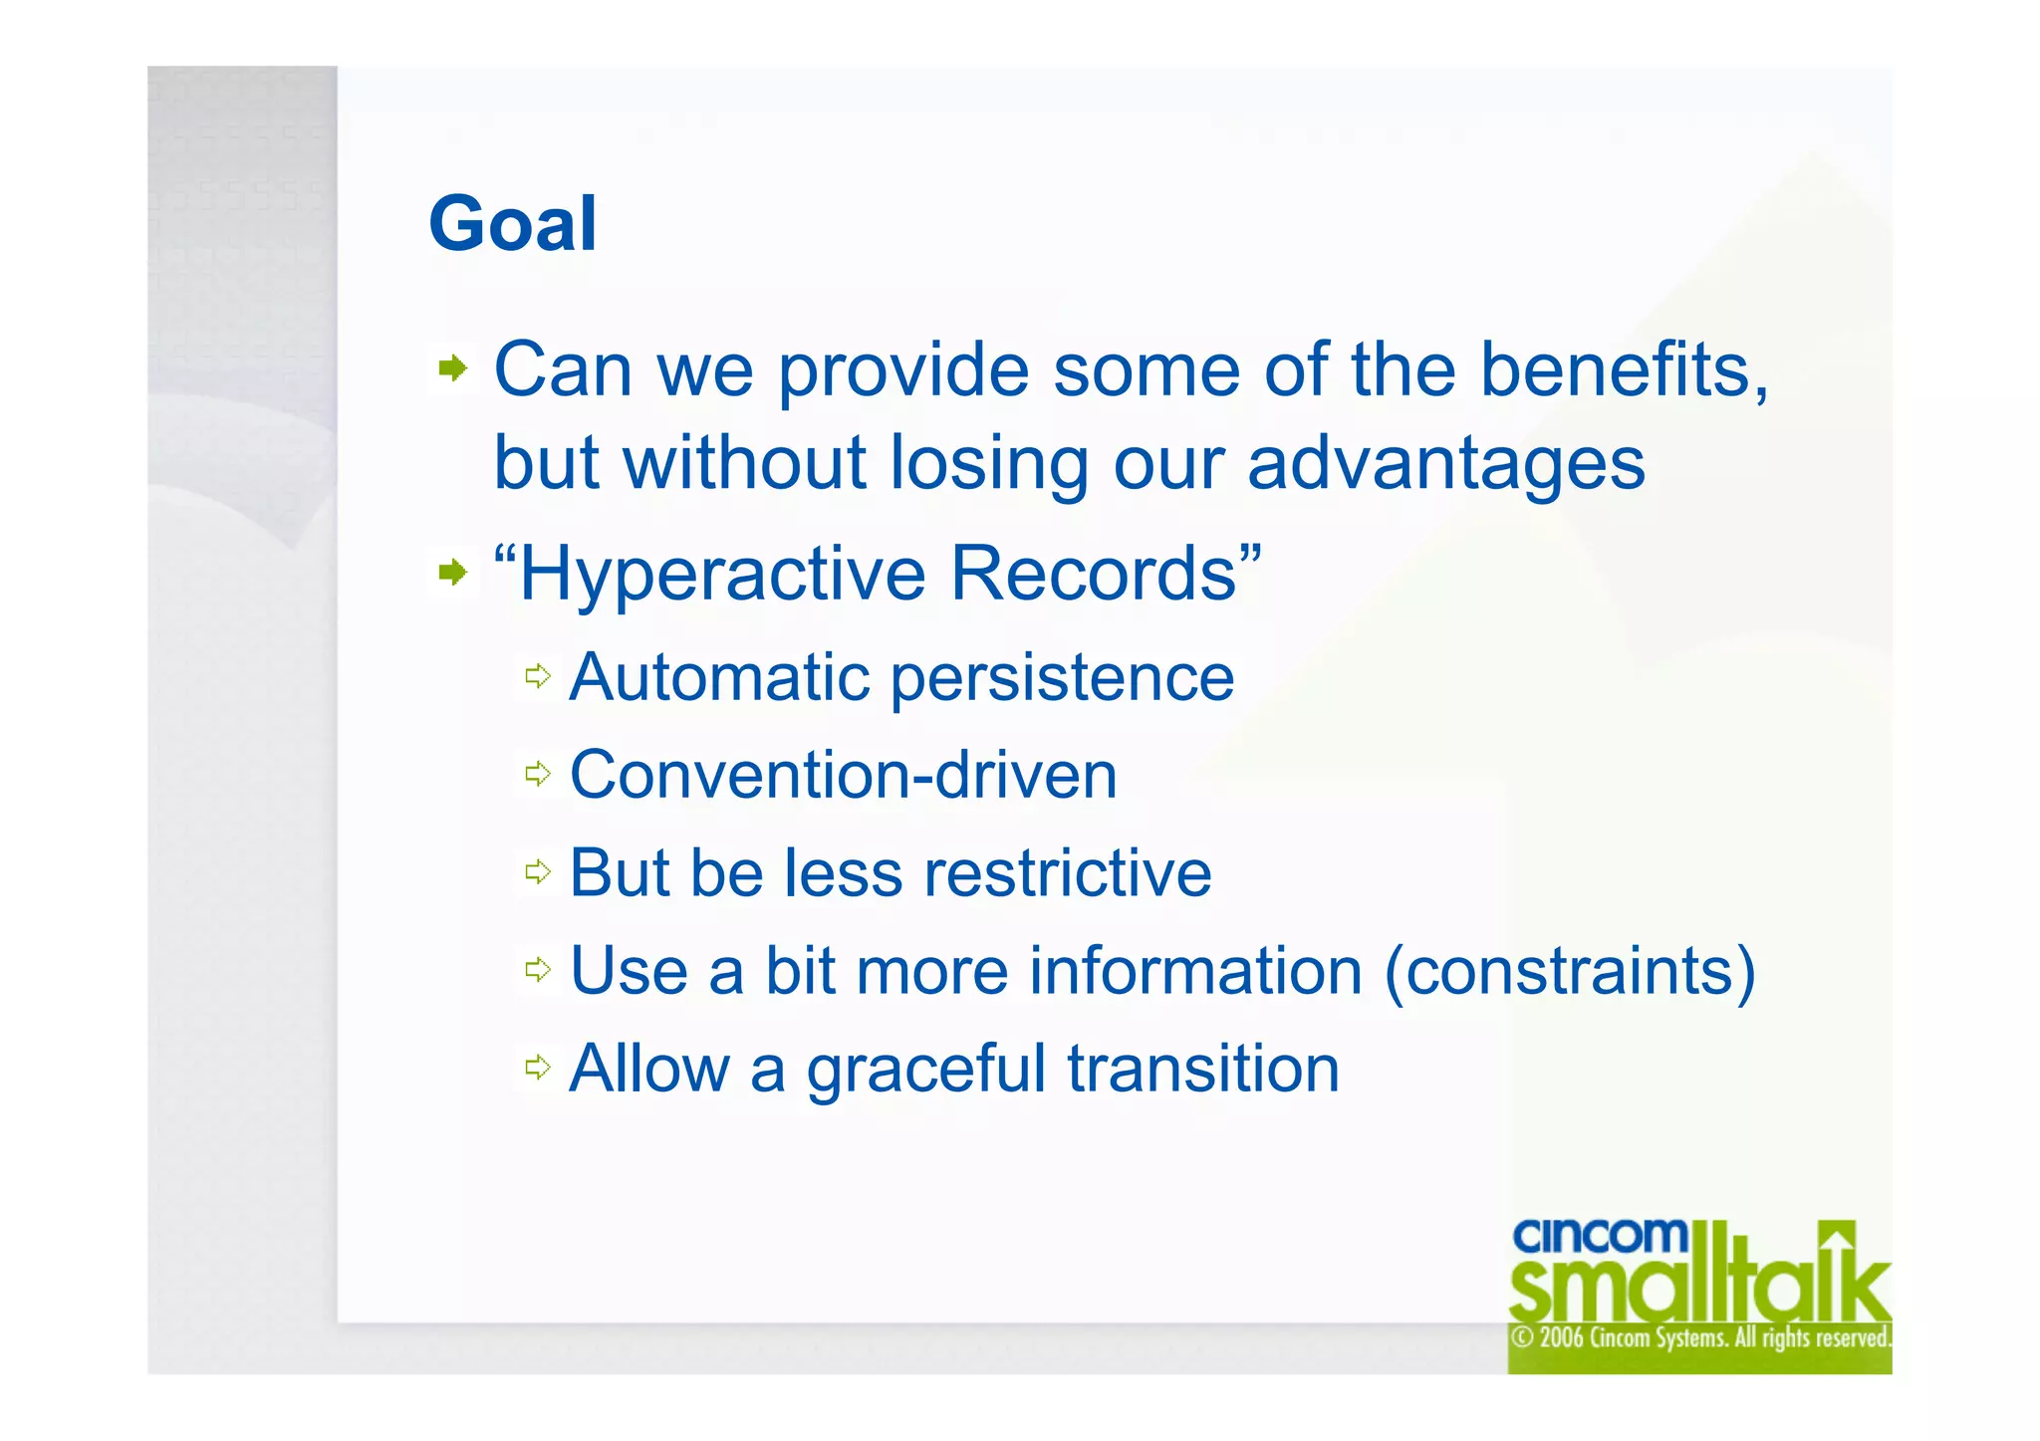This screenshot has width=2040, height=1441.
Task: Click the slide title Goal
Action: coord(512,224)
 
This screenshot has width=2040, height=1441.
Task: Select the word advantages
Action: coord(1445,465)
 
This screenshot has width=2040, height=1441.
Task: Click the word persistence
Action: coord(1062,679)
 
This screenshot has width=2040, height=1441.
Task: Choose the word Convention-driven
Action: coord(843,776)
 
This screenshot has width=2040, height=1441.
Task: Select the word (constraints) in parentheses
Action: coord(1570,972)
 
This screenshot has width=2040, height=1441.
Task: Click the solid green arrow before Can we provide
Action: coord(452,369)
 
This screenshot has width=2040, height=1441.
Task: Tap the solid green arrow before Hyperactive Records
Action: coord(452,573)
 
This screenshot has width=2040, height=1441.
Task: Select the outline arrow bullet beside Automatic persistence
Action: coord(538,677)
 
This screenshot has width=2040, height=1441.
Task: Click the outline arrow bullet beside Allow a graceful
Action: coord(538,1068)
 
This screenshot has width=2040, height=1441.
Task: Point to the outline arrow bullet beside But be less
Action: coord(538,872)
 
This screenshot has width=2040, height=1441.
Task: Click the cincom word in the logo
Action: coord(1599,1238)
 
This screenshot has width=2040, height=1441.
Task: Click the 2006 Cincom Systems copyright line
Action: coord(1699,1337)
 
